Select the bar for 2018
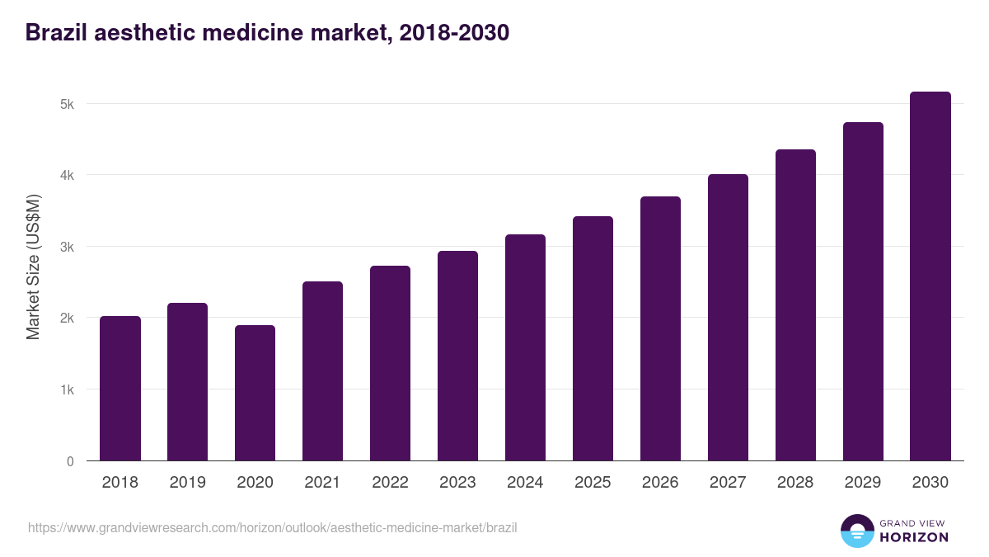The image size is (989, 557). click(120, 388)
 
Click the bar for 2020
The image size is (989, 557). click(255, 393)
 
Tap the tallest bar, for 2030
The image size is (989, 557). click(930, 276)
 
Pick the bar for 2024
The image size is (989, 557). click(525, 347)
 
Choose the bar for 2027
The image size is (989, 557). click(728, 318)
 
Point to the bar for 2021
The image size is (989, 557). click(322, 371)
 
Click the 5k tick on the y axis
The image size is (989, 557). click(67, 104)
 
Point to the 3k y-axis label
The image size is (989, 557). click(67, 247)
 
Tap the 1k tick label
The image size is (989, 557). click(67, 389)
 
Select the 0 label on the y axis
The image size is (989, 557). click(70, 461)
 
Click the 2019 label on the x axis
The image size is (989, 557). click(187, 483)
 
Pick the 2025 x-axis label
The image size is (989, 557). click(593, 483)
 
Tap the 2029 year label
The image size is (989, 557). click(863, 483)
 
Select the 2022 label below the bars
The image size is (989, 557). click(390, 483)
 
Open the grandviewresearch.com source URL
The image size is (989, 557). click(273, 527)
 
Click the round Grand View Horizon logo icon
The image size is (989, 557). click(856, 531)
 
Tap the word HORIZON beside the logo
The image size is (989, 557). click(914, 537)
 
